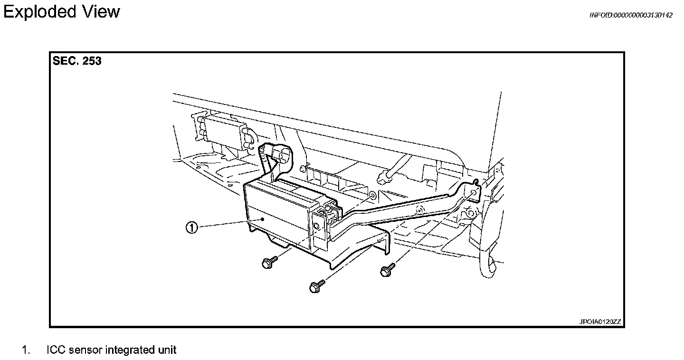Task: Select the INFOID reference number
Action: coord(630,15)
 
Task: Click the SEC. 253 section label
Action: coord(77,61)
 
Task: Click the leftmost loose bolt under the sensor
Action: coord(267,263)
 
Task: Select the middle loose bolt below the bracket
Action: coord(314,287)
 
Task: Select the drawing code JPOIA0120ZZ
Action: coord(599,322)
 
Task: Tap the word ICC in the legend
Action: coord(56,351)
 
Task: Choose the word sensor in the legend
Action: coord(85,351)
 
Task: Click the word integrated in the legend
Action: coord(129,351)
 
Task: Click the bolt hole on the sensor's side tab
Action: coord(316,226)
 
